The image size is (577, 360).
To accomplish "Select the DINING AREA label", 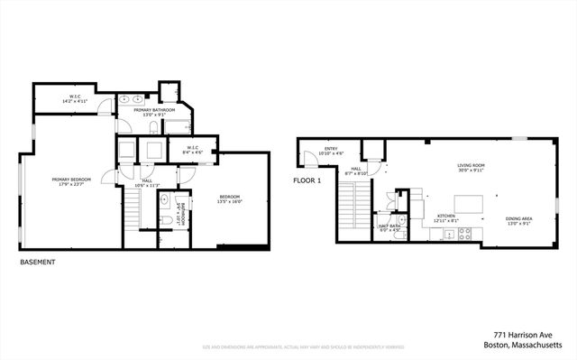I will click(x=493, y=217).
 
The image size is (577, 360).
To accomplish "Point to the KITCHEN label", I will click(x=447, y=217).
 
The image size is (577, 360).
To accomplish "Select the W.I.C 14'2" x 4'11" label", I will click(x=76, y=99).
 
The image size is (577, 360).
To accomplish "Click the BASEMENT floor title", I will click(x=38, y=263).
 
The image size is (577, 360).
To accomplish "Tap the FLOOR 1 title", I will click(x=307, y=180).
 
